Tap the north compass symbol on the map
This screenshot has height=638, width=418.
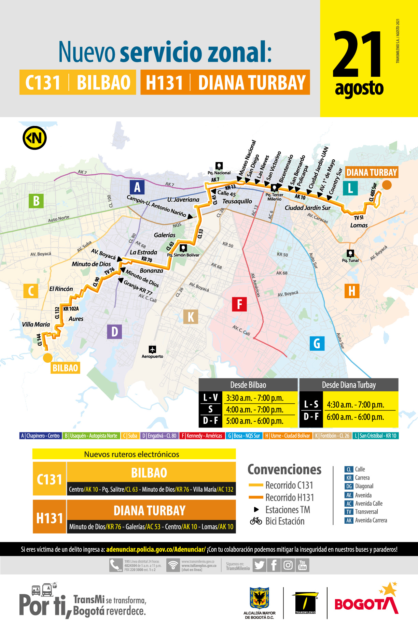[x=34, y=138]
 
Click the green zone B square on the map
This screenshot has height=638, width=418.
[x=36, y=201]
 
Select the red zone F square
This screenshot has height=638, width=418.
[x=239, y=304]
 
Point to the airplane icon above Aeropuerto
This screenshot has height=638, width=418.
[x=152, y=349]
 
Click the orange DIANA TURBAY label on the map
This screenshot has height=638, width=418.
[x=372, y=172]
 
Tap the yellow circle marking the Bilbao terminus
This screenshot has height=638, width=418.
[x=47, y=358]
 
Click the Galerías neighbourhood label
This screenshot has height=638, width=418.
[x=165, y=235]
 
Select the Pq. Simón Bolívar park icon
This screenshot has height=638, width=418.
[x=183, y=248]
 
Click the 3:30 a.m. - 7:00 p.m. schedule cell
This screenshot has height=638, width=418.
[x=255, y=398]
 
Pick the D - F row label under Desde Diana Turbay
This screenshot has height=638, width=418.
[x=311, y=417]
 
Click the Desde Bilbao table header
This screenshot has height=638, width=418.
[x=248, y=385]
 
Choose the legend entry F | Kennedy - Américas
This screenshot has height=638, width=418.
[x=202, y=436]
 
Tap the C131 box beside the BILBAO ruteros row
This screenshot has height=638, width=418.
[x=50, y=479]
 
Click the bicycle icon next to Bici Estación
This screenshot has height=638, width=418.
[x=256, y=521]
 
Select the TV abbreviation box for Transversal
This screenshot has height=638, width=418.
[x=349, y=512]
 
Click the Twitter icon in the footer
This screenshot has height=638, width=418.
[x=259, y=565]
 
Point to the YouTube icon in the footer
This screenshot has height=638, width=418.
[x=302, y=565]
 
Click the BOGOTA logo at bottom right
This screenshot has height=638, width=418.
[x=366, y=604]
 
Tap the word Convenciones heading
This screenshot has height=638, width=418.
[x=284, y=469]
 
